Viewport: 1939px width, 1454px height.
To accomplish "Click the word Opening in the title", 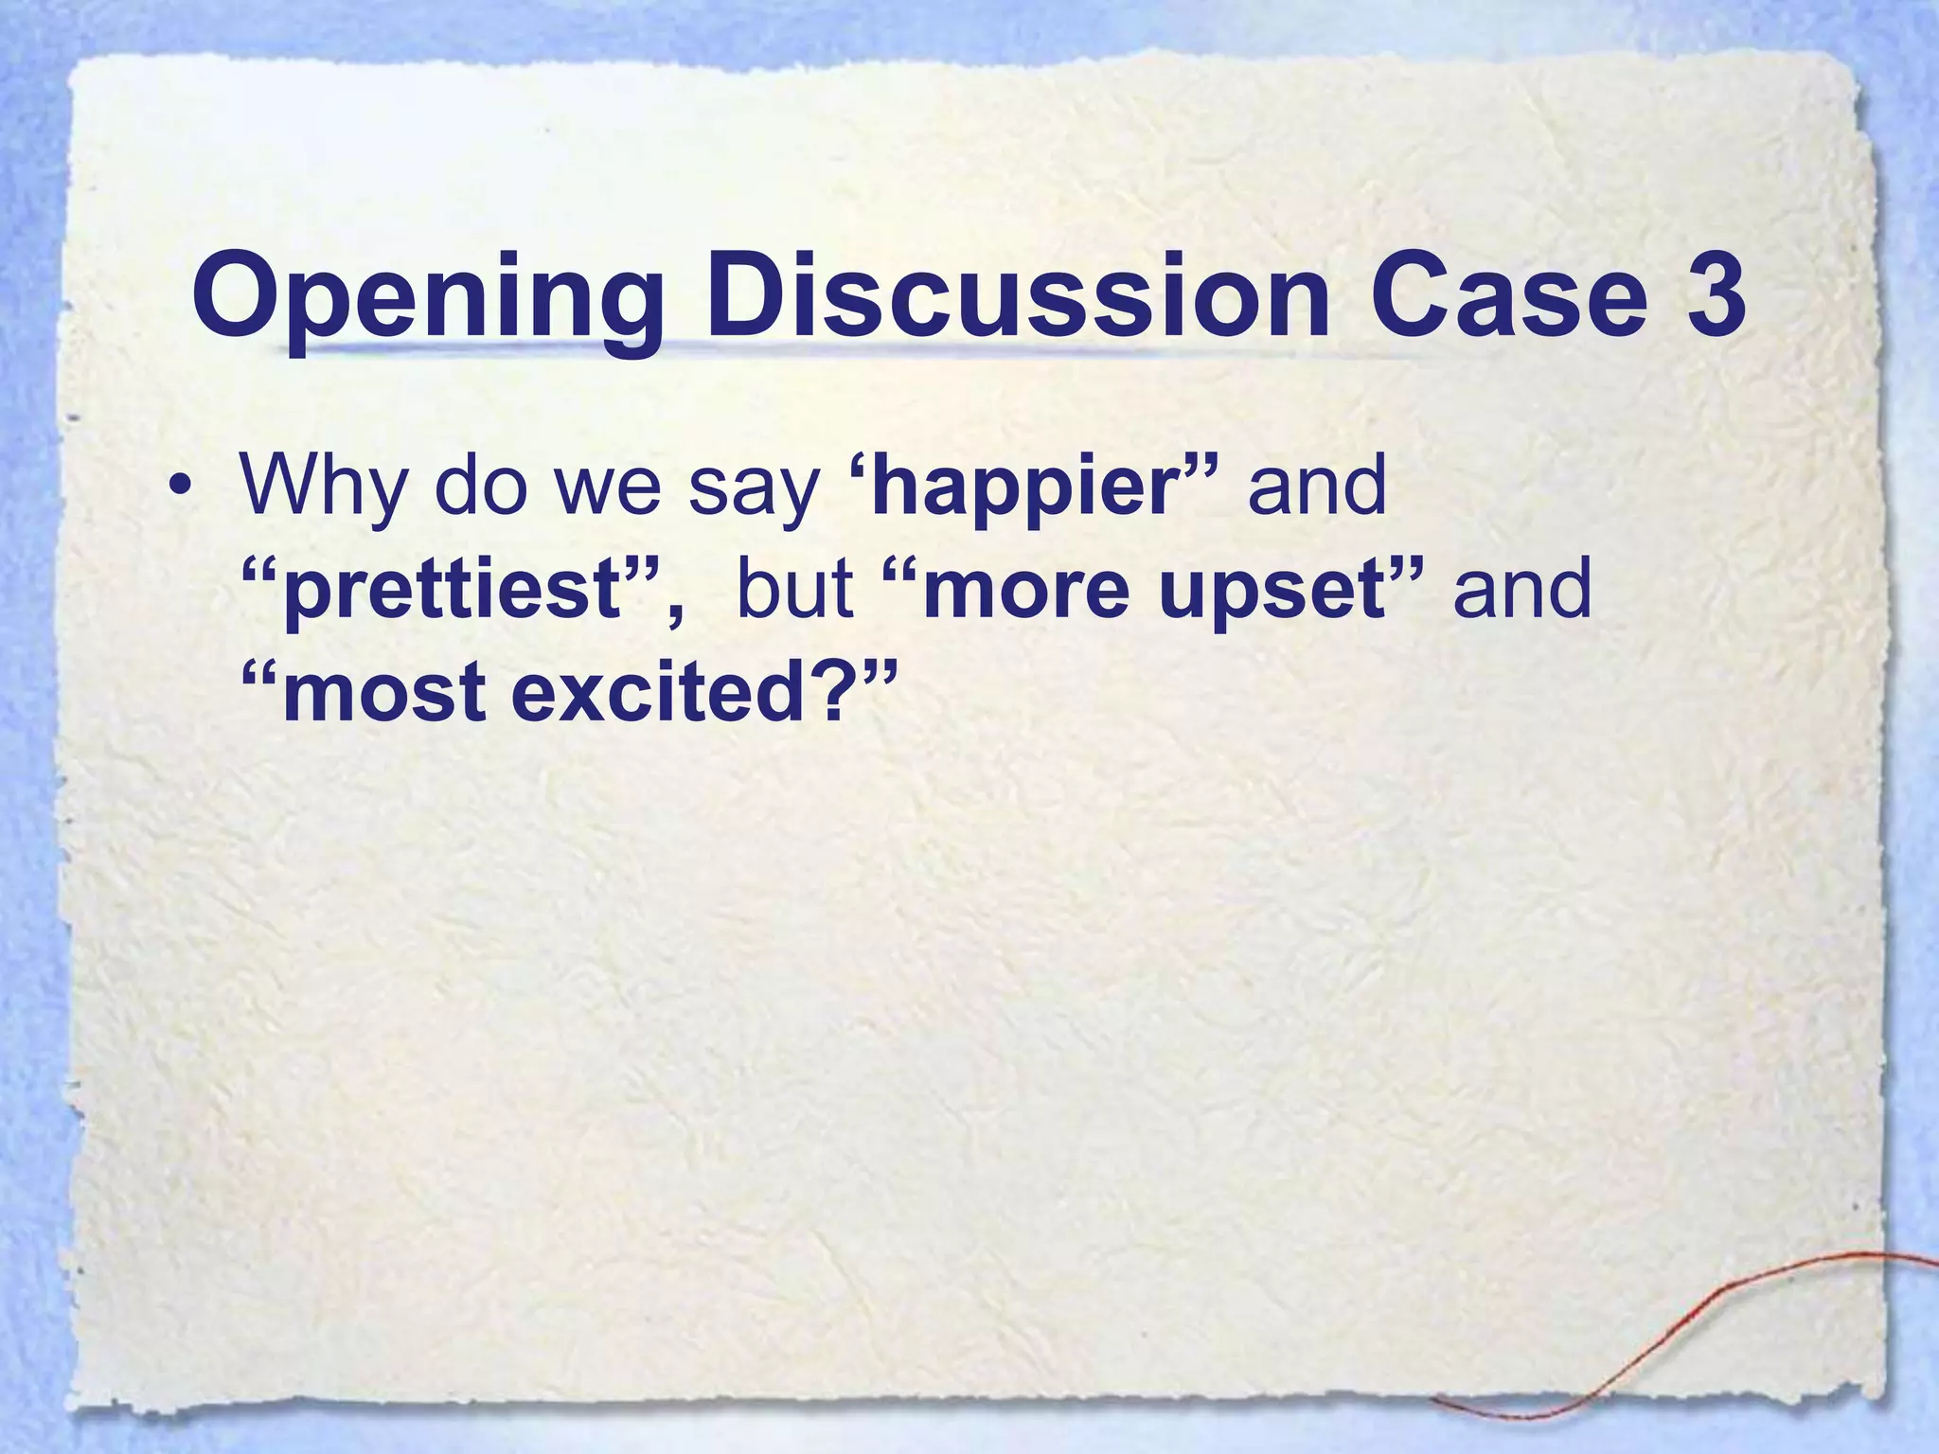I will (427, 297).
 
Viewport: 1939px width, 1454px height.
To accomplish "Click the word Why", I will (322, 487).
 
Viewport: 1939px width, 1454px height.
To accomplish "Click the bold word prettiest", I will (451, 591).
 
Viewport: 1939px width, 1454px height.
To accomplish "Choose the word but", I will (795, 589).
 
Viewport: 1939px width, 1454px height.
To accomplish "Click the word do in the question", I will (479, 487).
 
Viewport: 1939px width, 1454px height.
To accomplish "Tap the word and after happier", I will (1317, 487).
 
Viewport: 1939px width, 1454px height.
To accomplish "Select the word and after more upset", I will (1522, 589).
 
